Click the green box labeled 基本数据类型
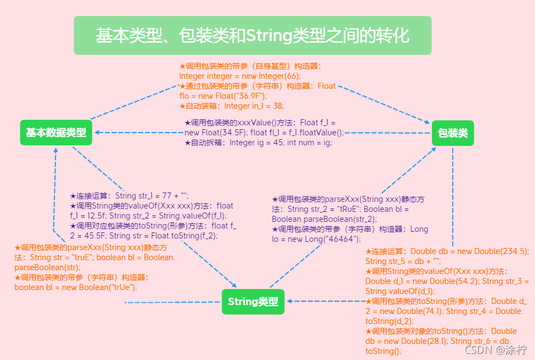pyautogui.click(x=56, y=133)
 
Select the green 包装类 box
pyautogui.click(x=453, y=133)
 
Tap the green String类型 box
pyautogui.click(x=253, y=302)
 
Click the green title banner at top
pyautogui.click(x=253, y=36)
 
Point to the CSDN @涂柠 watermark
pyautogui.click(x=496, y=350)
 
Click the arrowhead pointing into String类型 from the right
pyautogui.click(x=290, y=301)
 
